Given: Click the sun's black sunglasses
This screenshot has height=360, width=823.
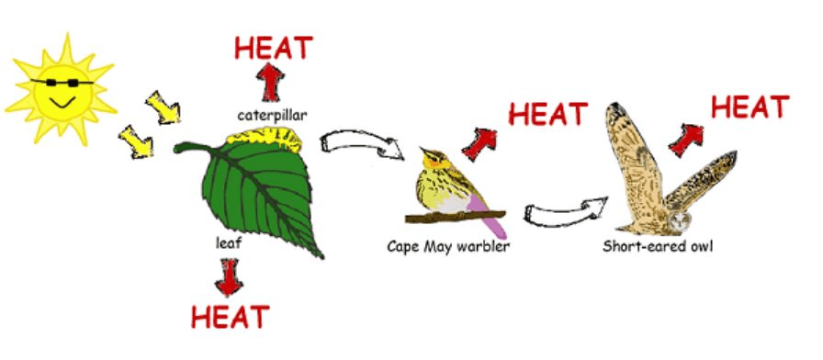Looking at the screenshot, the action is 61,83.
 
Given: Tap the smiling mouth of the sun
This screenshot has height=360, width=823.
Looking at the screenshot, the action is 62,101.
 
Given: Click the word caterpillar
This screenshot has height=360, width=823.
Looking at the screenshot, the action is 271,116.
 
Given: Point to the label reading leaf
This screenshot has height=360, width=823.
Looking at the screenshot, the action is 229,243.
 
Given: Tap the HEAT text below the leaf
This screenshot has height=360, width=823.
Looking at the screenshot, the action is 230,317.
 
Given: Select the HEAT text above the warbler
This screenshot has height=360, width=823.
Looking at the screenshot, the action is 547,114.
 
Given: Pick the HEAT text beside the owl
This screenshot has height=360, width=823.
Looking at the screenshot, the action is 750,107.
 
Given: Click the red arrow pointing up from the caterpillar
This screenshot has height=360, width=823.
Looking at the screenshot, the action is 270,83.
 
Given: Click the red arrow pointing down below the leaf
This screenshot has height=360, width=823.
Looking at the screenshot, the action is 229,277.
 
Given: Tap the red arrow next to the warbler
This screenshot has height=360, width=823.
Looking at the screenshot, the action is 479,144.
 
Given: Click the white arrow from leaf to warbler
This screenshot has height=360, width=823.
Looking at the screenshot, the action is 361,144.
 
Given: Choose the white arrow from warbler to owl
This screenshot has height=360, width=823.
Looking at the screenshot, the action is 566,212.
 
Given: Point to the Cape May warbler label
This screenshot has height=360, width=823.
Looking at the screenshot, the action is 448,246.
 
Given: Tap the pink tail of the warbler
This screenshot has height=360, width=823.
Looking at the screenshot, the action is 487,215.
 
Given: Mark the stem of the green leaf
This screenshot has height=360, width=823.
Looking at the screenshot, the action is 192,148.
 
